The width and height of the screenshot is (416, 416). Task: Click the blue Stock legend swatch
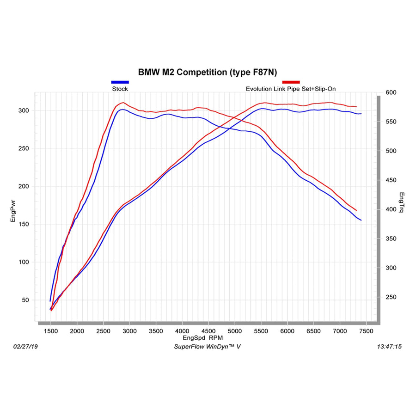(120, 82)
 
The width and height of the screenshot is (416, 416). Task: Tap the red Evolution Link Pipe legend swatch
(291, 82)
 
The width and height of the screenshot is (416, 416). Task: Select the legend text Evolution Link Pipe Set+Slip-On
(291, 89)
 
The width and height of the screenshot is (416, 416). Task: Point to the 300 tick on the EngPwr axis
(24, 110)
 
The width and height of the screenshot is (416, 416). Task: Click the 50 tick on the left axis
(25, 300)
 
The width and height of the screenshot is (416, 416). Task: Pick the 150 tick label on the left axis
(24, 224)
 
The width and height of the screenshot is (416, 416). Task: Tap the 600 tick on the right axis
(391, 92)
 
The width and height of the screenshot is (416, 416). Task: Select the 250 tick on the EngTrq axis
(391, 297)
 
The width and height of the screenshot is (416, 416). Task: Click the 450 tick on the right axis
(391, 180)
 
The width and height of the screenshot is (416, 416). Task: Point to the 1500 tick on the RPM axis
(51, 331)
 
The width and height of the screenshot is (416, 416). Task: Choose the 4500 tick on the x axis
(208, 331)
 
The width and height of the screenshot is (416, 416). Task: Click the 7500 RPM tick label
(366, 331)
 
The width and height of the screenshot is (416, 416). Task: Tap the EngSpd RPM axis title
(203, 338)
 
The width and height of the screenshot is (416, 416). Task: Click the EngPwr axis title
(13, 211)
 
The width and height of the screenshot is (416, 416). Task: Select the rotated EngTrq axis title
(401, 202)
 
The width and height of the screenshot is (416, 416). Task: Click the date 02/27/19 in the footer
(25, 347)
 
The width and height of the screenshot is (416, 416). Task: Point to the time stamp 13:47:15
(389, 347)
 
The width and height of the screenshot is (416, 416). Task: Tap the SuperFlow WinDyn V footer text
(207, 347)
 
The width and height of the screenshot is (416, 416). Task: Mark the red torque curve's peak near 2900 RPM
(123, 103)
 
